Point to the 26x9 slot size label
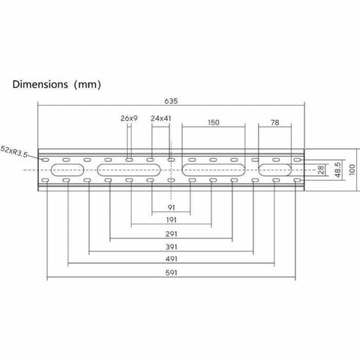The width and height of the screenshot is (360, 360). coord(129,118)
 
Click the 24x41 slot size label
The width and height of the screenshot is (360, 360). coord(161,118)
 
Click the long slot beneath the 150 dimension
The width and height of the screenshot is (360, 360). coord(212,170)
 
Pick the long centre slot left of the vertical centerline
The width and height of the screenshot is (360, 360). coord(129,170)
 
